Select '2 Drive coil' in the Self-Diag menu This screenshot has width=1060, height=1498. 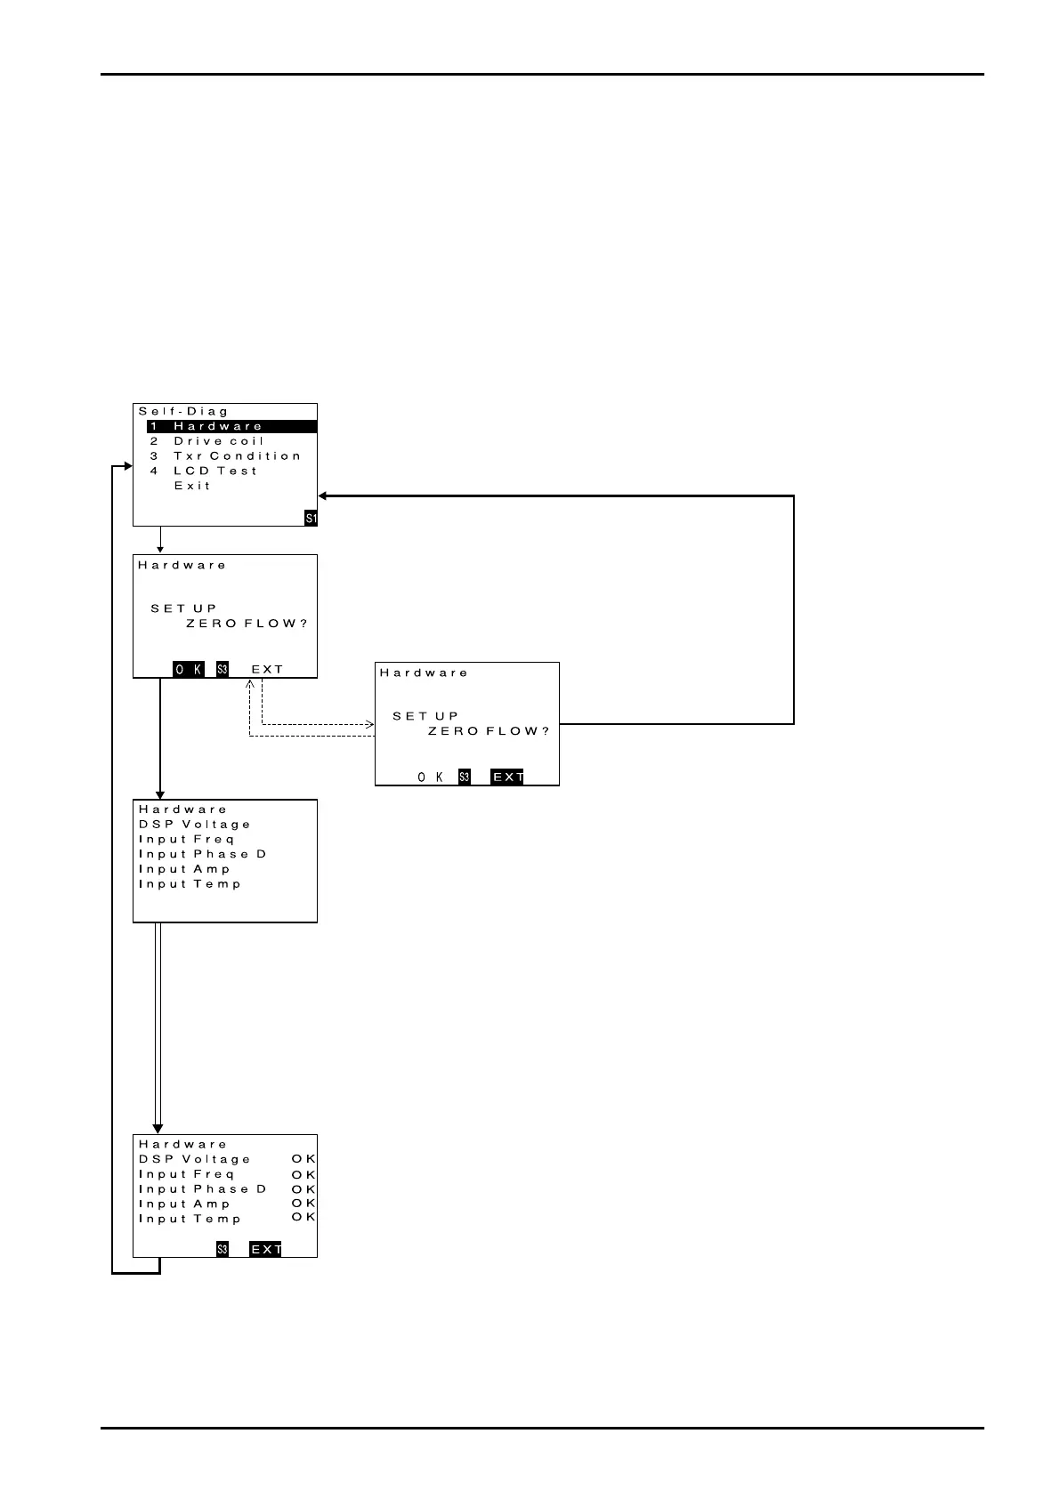coord(218,441)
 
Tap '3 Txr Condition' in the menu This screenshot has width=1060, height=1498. coord(236,456)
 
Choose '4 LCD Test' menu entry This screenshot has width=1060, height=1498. coord(214,471)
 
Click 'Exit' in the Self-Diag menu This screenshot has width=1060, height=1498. coord(192,486)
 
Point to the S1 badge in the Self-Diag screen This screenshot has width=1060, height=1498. coord(311,518)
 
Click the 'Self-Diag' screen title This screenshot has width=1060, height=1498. coord(184,411)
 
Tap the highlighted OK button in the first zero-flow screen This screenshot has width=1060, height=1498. coord(189,669)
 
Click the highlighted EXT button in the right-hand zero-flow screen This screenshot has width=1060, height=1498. coord(507,777)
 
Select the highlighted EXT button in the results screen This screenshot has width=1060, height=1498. coord(265,1249)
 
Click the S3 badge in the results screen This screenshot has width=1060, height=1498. coord(223,1249)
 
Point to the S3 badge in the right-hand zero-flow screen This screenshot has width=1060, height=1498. coord(465,777)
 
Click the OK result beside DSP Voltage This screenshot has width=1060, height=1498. coord(303,1159)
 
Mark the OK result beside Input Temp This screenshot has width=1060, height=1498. coord(303,1217)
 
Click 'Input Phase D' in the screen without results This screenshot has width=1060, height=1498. coord(203,854)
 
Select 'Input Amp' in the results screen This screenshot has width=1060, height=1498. coord(184,1204)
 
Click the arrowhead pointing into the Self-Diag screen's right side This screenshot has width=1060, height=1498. coord(324,495)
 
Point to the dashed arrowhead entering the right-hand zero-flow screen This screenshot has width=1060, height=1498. coord(369,724)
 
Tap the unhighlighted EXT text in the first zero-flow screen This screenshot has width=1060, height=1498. coord(267,669)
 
